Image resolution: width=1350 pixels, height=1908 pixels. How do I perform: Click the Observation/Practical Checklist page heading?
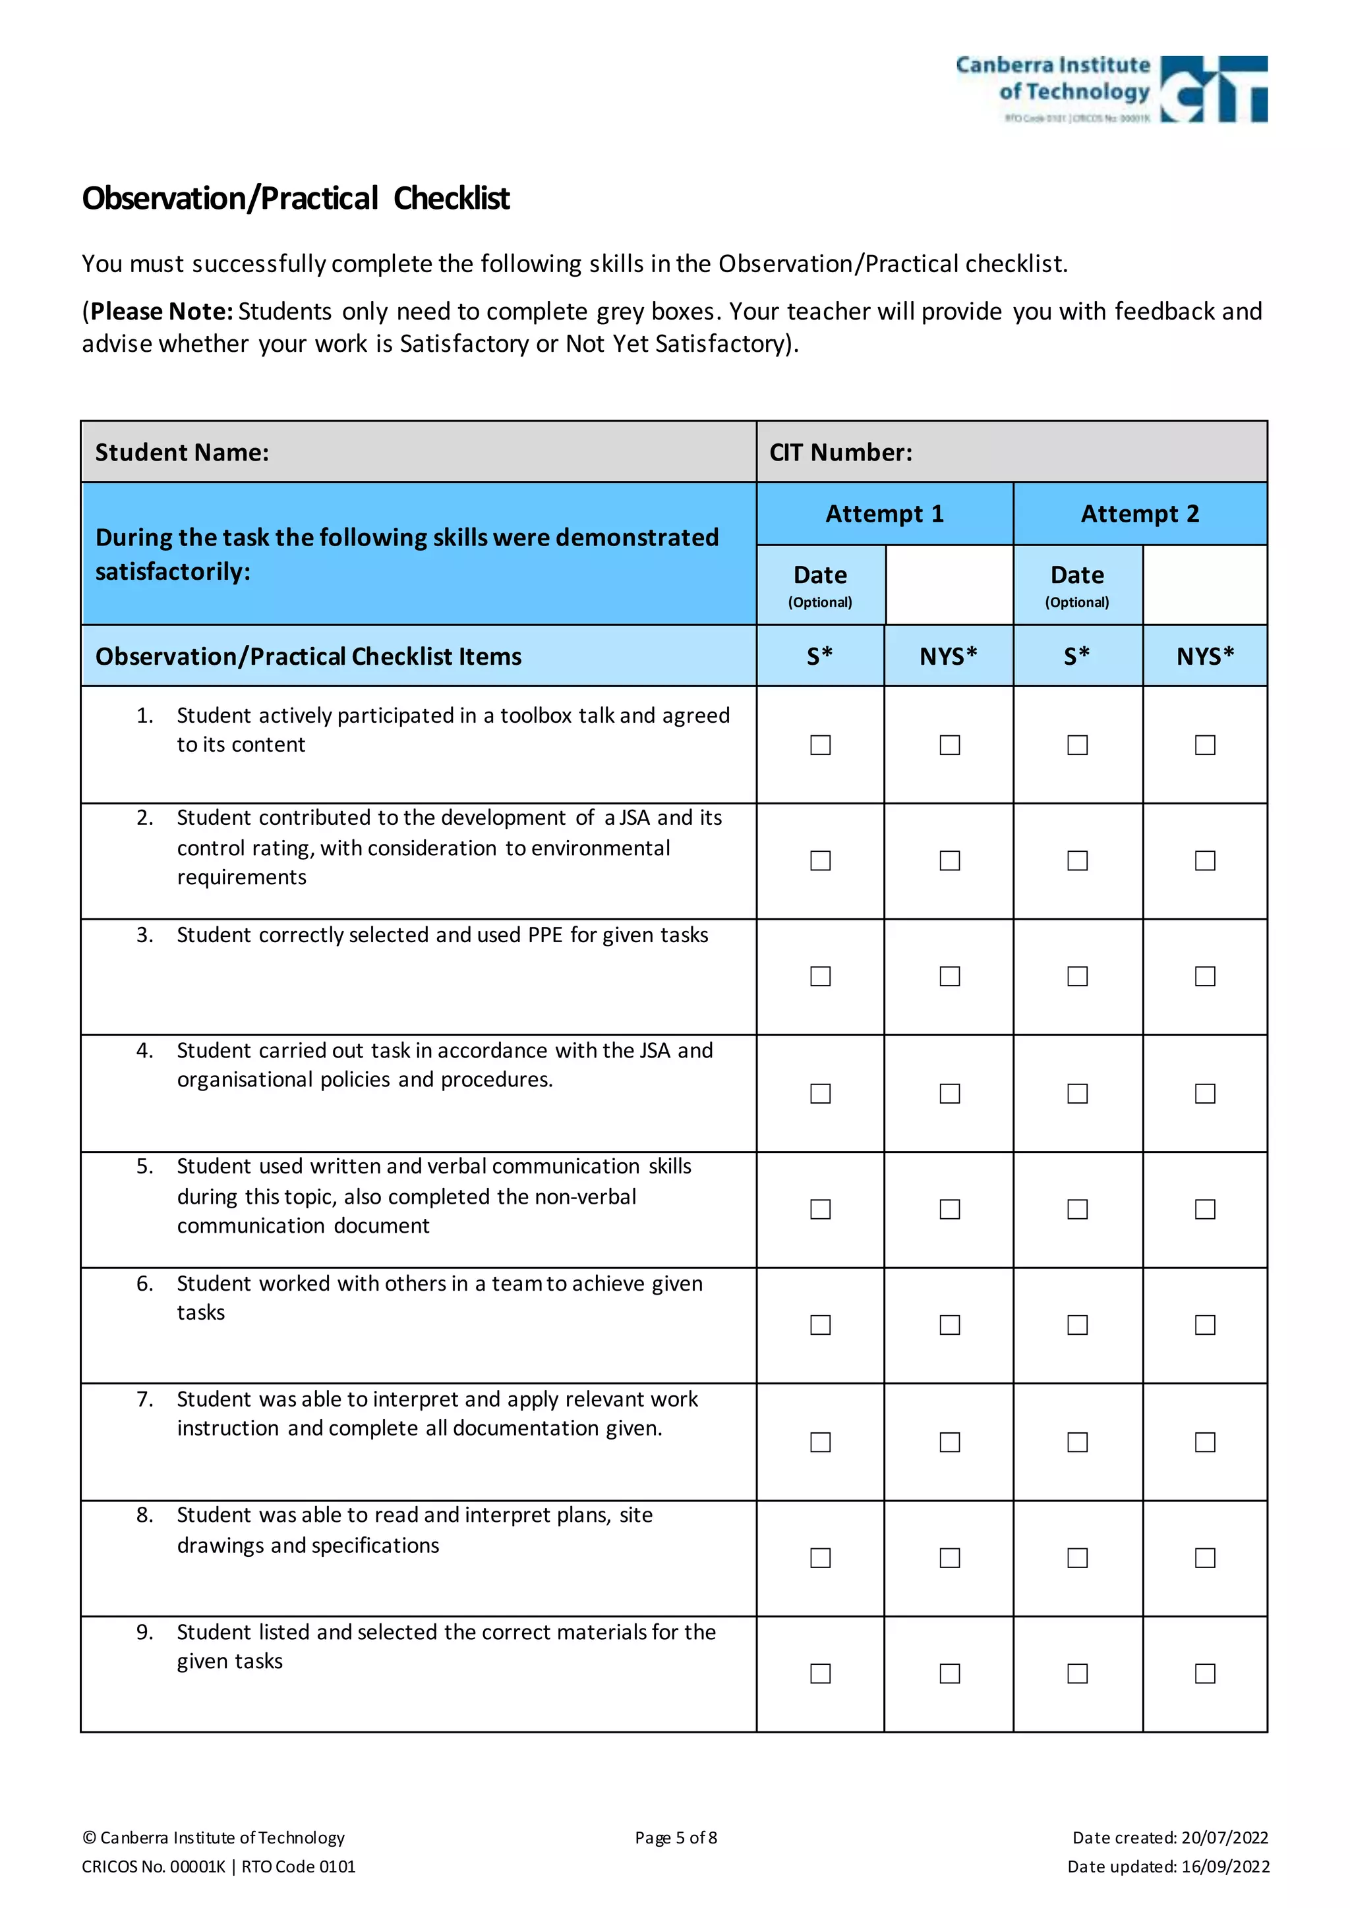tap(296, 198)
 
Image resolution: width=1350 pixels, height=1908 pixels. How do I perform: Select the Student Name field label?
tap(182, 452)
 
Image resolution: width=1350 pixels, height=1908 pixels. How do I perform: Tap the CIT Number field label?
tap(840, 452)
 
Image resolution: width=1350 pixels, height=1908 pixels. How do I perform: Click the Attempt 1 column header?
tap(885, 513)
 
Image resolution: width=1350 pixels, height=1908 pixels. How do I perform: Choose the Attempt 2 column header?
tap(1140, 513)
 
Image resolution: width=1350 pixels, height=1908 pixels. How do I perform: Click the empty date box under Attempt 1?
tap(949, 585)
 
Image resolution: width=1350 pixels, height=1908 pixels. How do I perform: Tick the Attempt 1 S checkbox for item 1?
tap(821, 744)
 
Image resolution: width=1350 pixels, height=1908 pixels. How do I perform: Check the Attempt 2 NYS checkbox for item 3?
tap(1204, 976)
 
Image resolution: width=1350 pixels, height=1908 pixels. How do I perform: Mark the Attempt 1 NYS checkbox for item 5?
tap(949, 1209)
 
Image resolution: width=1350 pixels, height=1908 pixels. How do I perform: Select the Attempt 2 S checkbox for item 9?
tap(1077, 1673)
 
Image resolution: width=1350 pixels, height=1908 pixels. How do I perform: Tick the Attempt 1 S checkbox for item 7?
tap(821, 1442)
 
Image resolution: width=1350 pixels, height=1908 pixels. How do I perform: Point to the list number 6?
tap(144, 1284)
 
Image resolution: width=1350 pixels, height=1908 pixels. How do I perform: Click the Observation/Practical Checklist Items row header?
tap(308, 656)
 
